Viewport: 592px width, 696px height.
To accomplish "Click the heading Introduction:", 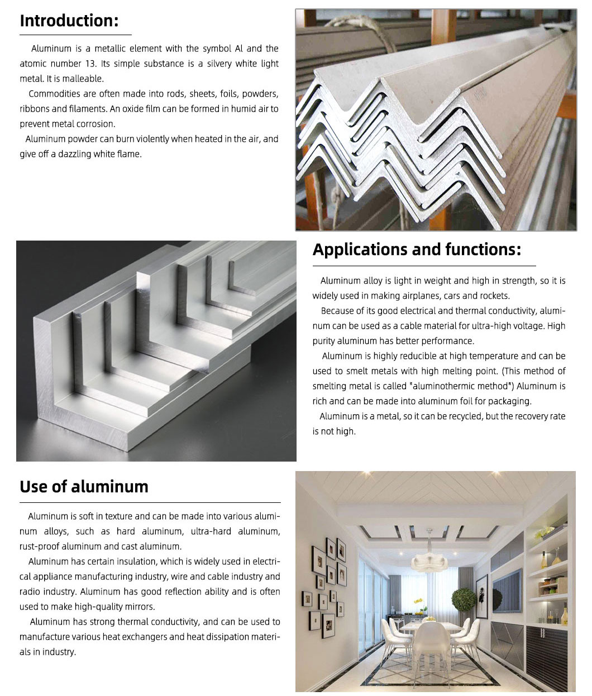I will [x=69, y=21].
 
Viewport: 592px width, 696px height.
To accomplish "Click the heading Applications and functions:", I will [x=416, y=249].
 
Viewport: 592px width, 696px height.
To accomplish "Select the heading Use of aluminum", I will [x=84, y=487].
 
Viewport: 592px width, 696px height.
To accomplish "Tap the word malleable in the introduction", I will [x=83, y=79].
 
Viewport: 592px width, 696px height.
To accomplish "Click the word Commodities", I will [x=54, y=94].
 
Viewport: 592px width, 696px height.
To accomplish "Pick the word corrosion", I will [x=97, y=124].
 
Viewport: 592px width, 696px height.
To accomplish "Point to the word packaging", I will [x=509, y=401].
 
